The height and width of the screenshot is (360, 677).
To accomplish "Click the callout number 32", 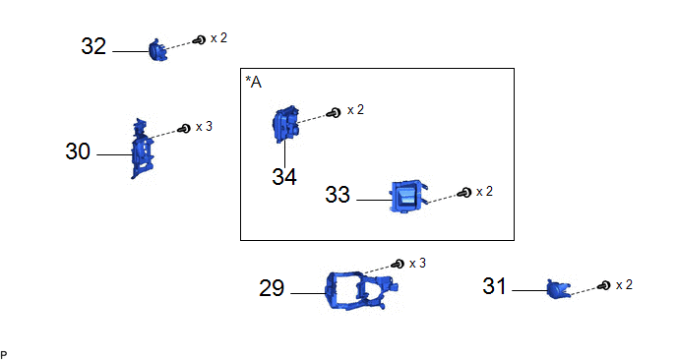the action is (x=93, y=46).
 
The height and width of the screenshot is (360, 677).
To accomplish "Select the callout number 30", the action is (x=78, y=151).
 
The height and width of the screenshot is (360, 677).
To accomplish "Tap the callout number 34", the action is (x=284, y=176).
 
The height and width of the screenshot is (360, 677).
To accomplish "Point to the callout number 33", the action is (x=338, y=195).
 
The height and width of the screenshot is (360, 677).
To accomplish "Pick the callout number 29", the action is (x=272, y=288).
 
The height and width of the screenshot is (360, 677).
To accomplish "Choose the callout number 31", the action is (x=494, y=286).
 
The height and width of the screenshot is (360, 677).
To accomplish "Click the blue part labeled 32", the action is (x=157, y=50).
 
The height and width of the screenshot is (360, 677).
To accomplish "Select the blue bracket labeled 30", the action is (x=143, y=149).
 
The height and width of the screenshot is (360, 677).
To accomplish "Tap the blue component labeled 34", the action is (x=285, y=124).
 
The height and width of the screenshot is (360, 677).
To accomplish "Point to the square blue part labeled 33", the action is (x=408, y=197).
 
